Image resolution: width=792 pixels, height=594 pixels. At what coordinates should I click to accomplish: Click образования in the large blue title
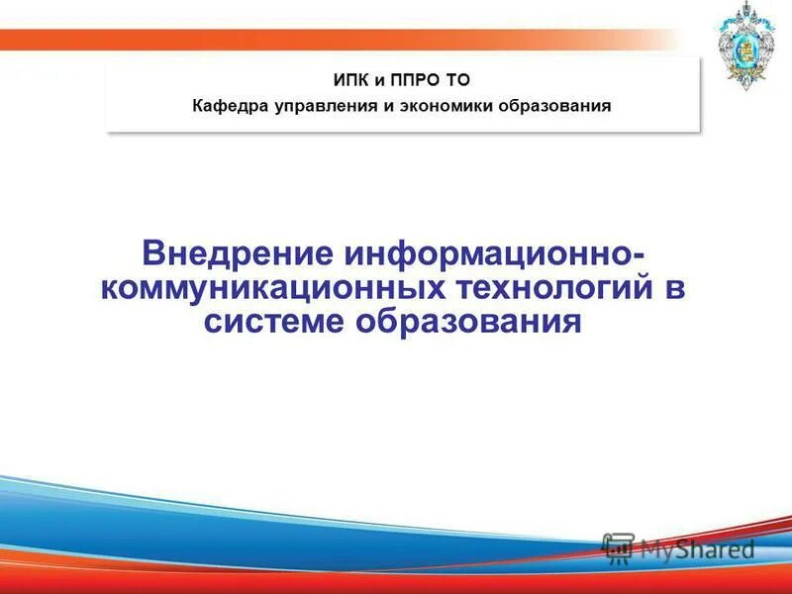(478, 322)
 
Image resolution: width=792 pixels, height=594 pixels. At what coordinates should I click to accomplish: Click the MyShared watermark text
(697, 547)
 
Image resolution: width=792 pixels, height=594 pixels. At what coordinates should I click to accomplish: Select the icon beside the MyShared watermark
(618, 547)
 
